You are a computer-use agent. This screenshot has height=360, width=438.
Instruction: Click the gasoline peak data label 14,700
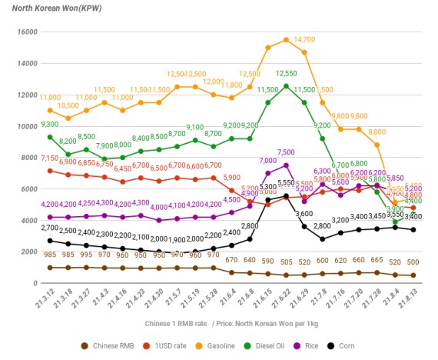tap(305, 39)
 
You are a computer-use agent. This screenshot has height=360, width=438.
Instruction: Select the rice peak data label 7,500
tap(286, 152)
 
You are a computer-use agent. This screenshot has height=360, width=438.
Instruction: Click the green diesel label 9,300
tap(50, 124)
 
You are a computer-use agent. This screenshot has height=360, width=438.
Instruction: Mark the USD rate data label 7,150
tap(50, 158)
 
